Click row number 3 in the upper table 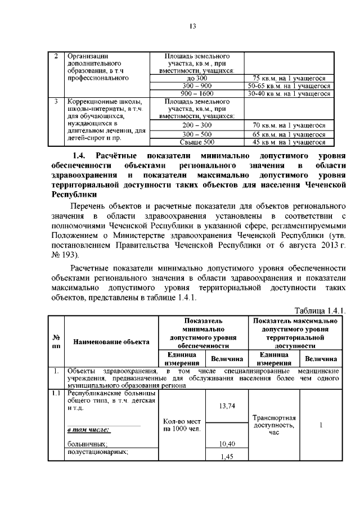click(x=56, y=102)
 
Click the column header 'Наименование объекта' click(x=110, y=341)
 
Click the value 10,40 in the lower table click(x=226, y=444)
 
